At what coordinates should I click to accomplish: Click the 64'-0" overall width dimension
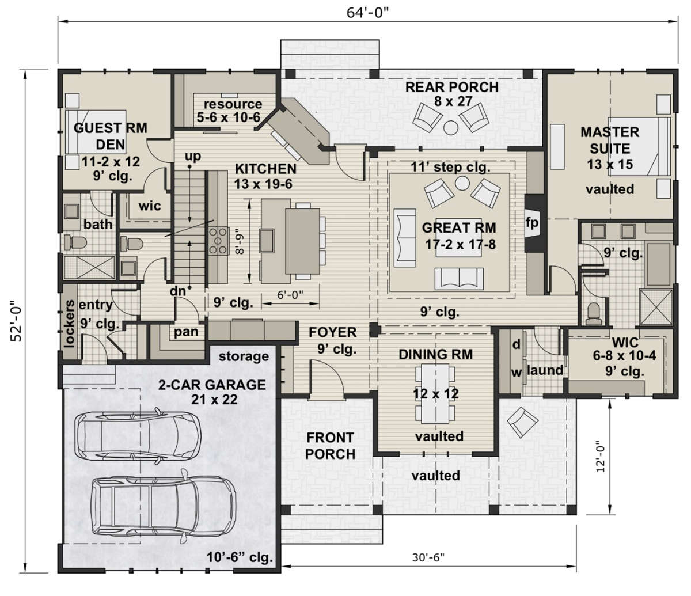tap(368, 13)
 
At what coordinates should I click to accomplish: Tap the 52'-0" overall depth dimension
tap(16, 321)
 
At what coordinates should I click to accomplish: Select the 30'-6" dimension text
tap(428, 557)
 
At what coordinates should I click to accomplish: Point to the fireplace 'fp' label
tap(531, 222)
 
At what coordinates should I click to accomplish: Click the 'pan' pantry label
tap(186, 332)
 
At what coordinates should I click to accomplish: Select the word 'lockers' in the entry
tap(69, 324)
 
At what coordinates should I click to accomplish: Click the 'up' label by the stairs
tap(193, 157)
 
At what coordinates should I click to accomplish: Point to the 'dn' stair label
tap(177, 291)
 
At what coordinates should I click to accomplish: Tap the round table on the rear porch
tap(451, 127)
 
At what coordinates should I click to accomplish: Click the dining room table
tap(435, 393)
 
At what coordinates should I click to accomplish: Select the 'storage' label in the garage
tap(244, 356)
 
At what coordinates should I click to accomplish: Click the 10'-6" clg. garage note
tap(240, 557)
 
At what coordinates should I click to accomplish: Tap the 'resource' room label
tap(233, 104)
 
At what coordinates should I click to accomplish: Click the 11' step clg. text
tap(450, 167)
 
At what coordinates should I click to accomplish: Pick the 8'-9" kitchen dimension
tap(240, 241)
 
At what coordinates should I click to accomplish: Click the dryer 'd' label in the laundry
tap(517, 344)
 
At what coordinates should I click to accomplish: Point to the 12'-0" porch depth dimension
tap(601, 455)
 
